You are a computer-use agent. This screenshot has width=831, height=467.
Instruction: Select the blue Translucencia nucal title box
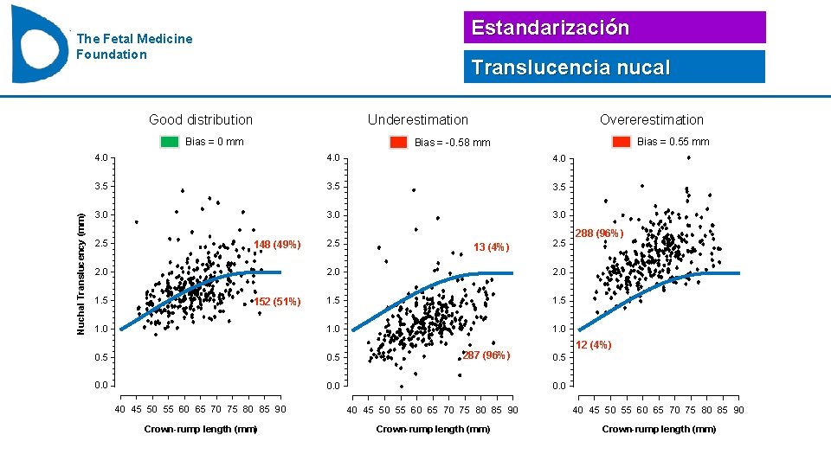(x=615, y=67)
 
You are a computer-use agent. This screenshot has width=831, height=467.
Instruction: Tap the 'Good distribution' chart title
(x=201, y=120)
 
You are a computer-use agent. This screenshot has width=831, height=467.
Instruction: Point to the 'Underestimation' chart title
(x=417, y=120)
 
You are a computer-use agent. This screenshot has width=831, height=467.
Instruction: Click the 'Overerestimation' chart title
(x=652, y=120)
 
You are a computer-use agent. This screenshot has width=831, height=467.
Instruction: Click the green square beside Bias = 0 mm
(x=170, y=142)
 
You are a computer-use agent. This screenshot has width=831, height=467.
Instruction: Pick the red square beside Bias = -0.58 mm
(x=398, y=143)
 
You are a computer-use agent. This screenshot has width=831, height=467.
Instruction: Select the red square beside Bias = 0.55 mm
(x=621, y=142)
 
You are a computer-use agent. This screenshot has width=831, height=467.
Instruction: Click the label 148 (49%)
(x=277, y=245)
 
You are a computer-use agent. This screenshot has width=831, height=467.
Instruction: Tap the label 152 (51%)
(x=277, y=302)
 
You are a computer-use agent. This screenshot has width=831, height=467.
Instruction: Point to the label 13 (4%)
(x=492, y=248)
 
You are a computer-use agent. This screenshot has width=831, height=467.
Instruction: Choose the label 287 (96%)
(x=486, y=355)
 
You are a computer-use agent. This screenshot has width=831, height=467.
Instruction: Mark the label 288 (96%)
(x=599, y=233)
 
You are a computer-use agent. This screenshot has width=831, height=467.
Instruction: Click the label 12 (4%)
(x=594, y=345)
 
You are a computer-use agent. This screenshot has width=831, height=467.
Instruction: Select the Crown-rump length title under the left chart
(x=201, y=429)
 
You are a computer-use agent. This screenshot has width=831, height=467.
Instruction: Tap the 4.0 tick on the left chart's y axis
(x=101, y=158)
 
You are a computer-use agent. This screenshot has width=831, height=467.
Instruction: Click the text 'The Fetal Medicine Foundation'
(x=134, y=47)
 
